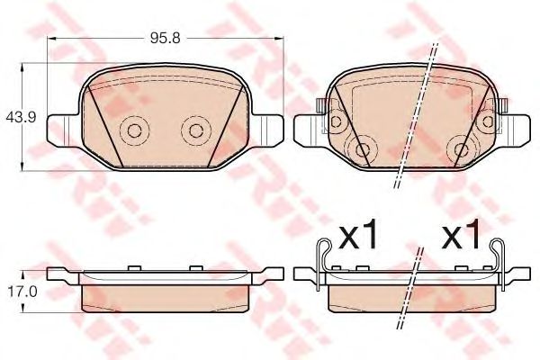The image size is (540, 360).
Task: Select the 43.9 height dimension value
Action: (16, 117)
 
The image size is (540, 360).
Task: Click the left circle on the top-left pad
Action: (133, 131)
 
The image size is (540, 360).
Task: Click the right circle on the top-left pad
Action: (193, 131)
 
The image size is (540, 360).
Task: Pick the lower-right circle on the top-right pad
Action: (462, 149)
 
